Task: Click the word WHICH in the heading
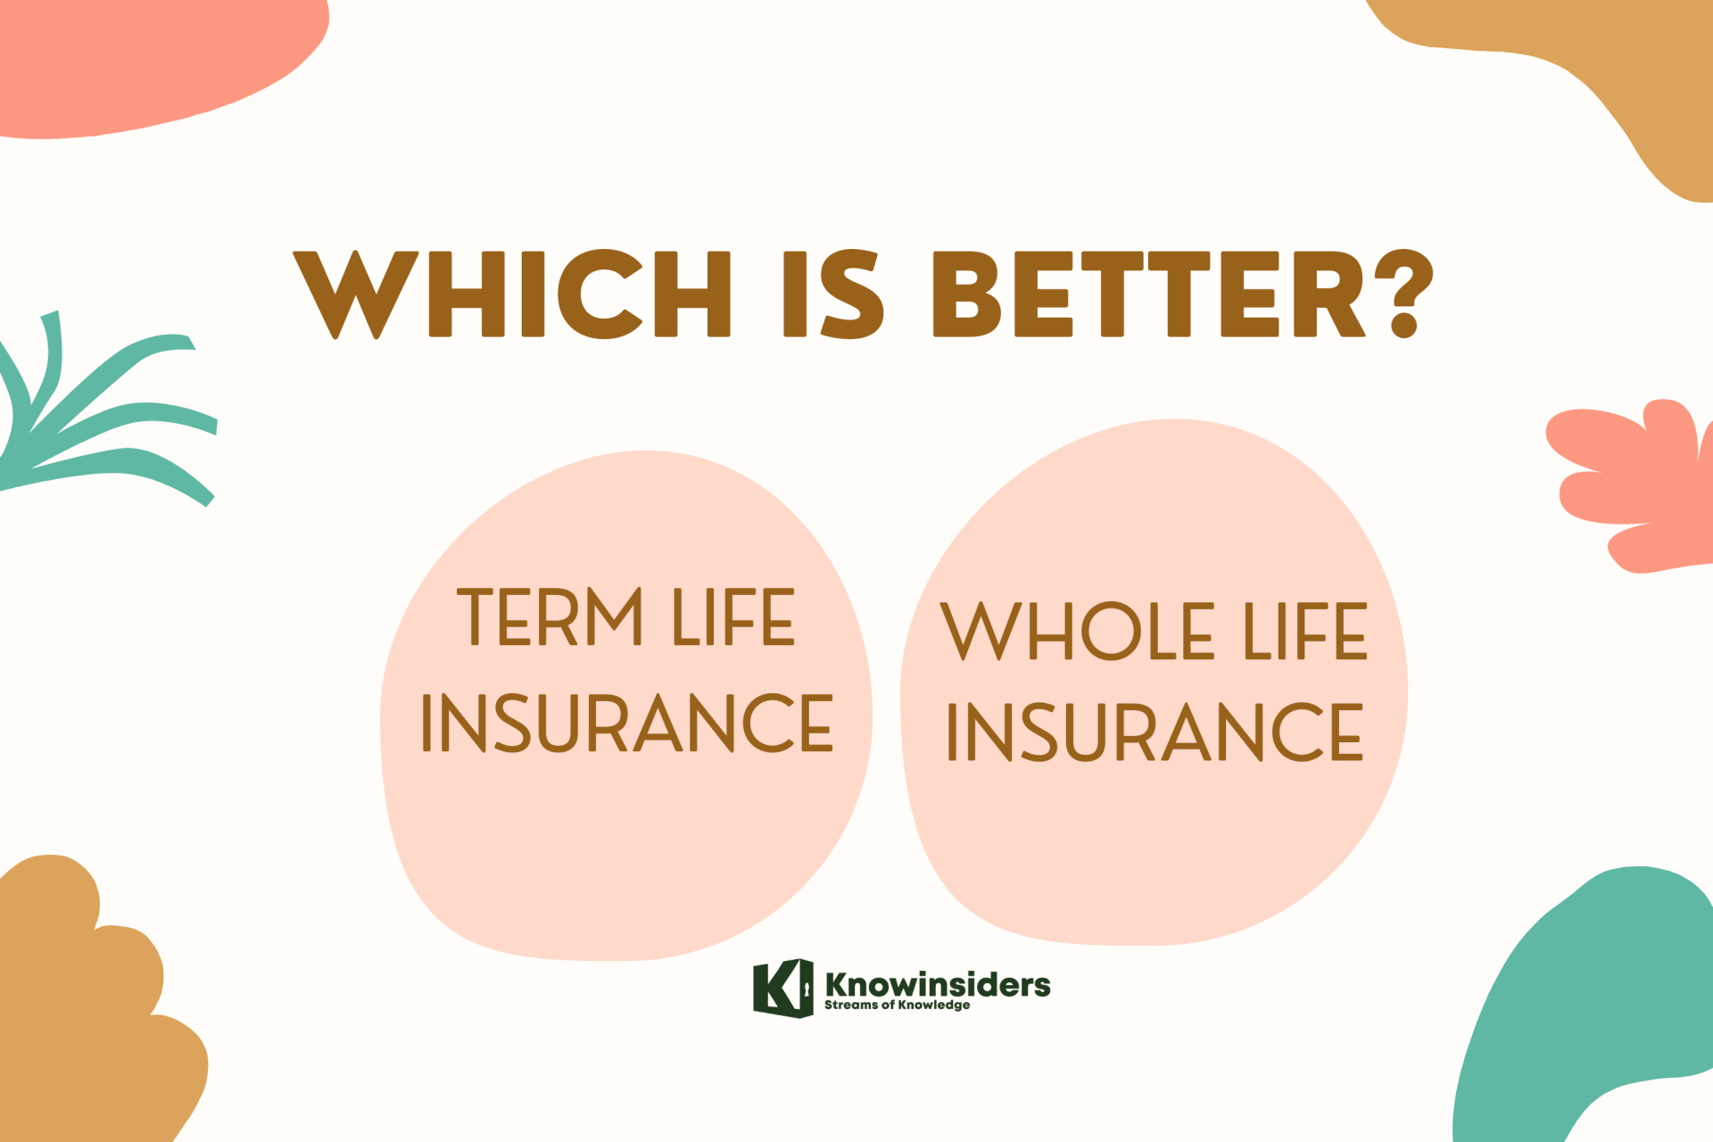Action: pyautogui.click(x=512, y=294)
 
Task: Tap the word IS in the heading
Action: pyautogui.click(x=833, y=294)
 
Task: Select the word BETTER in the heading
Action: pyautogui.click(x=1149, y=294)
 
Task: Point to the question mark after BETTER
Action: pyautogui.click(x=1402, y=294)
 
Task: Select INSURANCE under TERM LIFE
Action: pyautogui.click(x=627, y=723)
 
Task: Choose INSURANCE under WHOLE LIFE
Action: pyautogui.click(x=1155, y=732)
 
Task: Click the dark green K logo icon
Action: pyautogui.click(x=782, y=989)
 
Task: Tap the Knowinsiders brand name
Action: pyautogui.click(x=938, y=985)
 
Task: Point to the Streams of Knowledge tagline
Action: pyautogui.click(x=897, y=1005)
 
